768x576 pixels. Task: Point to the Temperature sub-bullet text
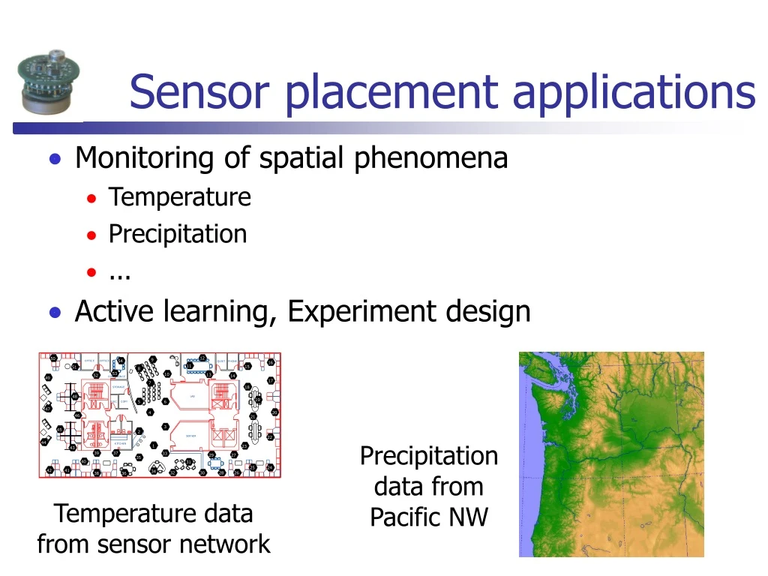point(179,197)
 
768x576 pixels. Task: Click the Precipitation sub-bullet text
point(178,234)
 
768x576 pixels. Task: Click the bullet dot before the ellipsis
point(91,272)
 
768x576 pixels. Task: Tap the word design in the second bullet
point(490,311)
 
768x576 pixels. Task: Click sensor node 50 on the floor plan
point(54,358)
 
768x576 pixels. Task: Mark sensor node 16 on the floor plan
point(271,362)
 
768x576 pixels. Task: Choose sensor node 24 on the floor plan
point(270,467)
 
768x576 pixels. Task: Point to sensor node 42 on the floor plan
point(49,470)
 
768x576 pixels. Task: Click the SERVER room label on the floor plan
point(191,435)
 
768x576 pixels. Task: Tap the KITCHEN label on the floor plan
point(118,443)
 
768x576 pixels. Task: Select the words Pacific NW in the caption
point(428,517)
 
